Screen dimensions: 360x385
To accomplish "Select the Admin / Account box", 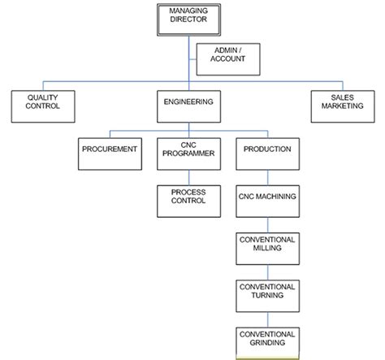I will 230,59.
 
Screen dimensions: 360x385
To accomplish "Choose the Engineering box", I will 188,106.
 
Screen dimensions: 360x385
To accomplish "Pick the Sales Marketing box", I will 342,106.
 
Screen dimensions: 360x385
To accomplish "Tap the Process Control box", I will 188,200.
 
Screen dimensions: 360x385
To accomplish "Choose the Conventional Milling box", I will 267,249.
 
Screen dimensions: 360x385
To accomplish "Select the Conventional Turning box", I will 267,296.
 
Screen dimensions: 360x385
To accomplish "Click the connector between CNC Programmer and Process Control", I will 188,177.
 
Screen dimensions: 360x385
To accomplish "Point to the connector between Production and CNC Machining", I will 267,177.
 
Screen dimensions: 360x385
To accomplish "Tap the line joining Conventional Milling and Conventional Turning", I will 267,272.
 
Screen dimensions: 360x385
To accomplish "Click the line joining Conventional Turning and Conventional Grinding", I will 267,319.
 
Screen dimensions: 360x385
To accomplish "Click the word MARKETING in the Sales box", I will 342,111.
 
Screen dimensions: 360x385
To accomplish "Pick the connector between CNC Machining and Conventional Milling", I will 267,224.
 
